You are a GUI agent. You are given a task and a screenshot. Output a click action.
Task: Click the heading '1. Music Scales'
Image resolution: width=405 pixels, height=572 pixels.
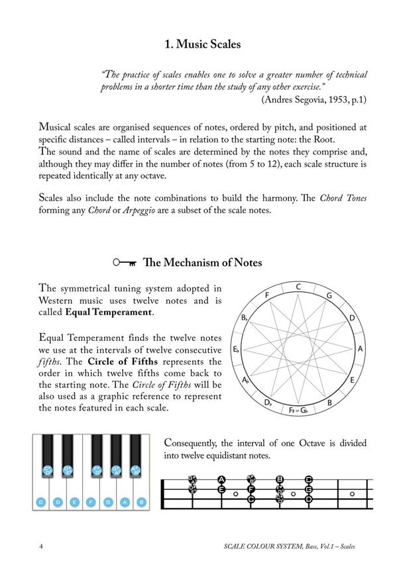pyautogui.click(x=203, y=45)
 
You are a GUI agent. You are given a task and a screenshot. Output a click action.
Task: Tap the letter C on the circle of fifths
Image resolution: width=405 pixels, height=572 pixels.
pyautogui.click(x=300, y=287)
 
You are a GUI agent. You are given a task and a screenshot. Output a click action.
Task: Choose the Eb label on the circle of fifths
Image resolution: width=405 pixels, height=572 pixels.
pyautogui.click(x=237, y=349)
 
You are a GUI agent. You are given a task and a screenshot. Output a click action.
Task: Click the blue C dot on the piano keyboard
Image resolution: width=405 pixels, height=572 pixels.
pyautogui.click(x=41, y=502)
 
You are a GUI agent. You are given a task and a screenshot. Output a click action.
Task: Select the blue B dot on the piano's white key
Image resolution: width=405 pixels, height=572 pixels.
pyautogui.click(x=141, y=502)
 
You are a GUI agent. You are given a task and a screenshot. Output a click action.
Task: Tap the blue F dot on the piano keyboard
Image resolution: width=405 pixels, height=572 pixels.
pyautogui.click(x=91, y=502)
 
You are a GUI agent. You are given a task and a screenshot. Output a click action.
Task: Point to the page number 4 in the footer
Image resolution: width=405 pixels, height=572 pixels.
pyautogui.click(x=42, y=546)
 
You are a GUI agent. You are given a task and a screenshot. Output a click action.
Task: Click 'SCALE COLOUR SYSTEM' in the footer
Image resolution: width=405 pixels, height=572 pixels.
pyautogui.click(x=258, y=547)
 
